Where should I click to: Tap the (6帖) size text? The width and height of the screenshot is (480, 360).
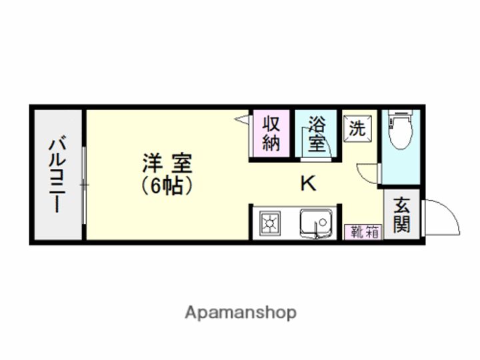point(167,186)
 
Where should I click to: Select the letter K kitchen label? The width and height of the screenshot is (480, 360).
point(307,183)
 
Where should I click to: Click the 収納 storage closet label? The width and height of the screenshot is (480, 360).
point(270,134)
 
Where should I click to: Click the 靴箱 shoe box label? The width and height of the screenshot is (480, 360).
point(363,233)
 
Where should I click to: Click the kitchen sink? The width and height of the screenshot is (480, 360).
point(316,223)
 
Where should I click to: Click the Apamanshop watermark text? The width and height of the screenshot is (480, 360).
point(241,312)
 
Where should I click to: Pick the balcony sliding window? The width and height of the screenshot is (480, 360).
point(85,183)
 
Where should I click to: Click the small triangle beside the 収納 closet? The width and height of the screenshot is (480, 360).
point(243,119)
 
